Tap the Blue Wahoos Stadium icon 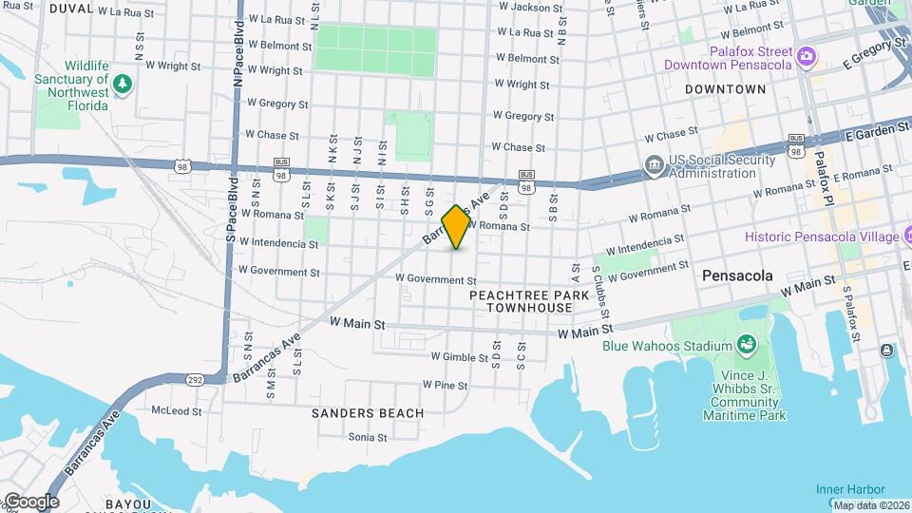click(x=747, y=342)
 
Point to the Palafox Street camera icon click(x=807, y=56)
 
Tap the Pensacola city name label click(x=737, y=275)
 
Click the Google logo click(x=30, y=501)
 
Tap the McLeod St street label click(x=177, y=411)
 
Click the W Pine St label click(x=445, y=386)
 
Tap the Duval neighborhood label click(x=71, y=9)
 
